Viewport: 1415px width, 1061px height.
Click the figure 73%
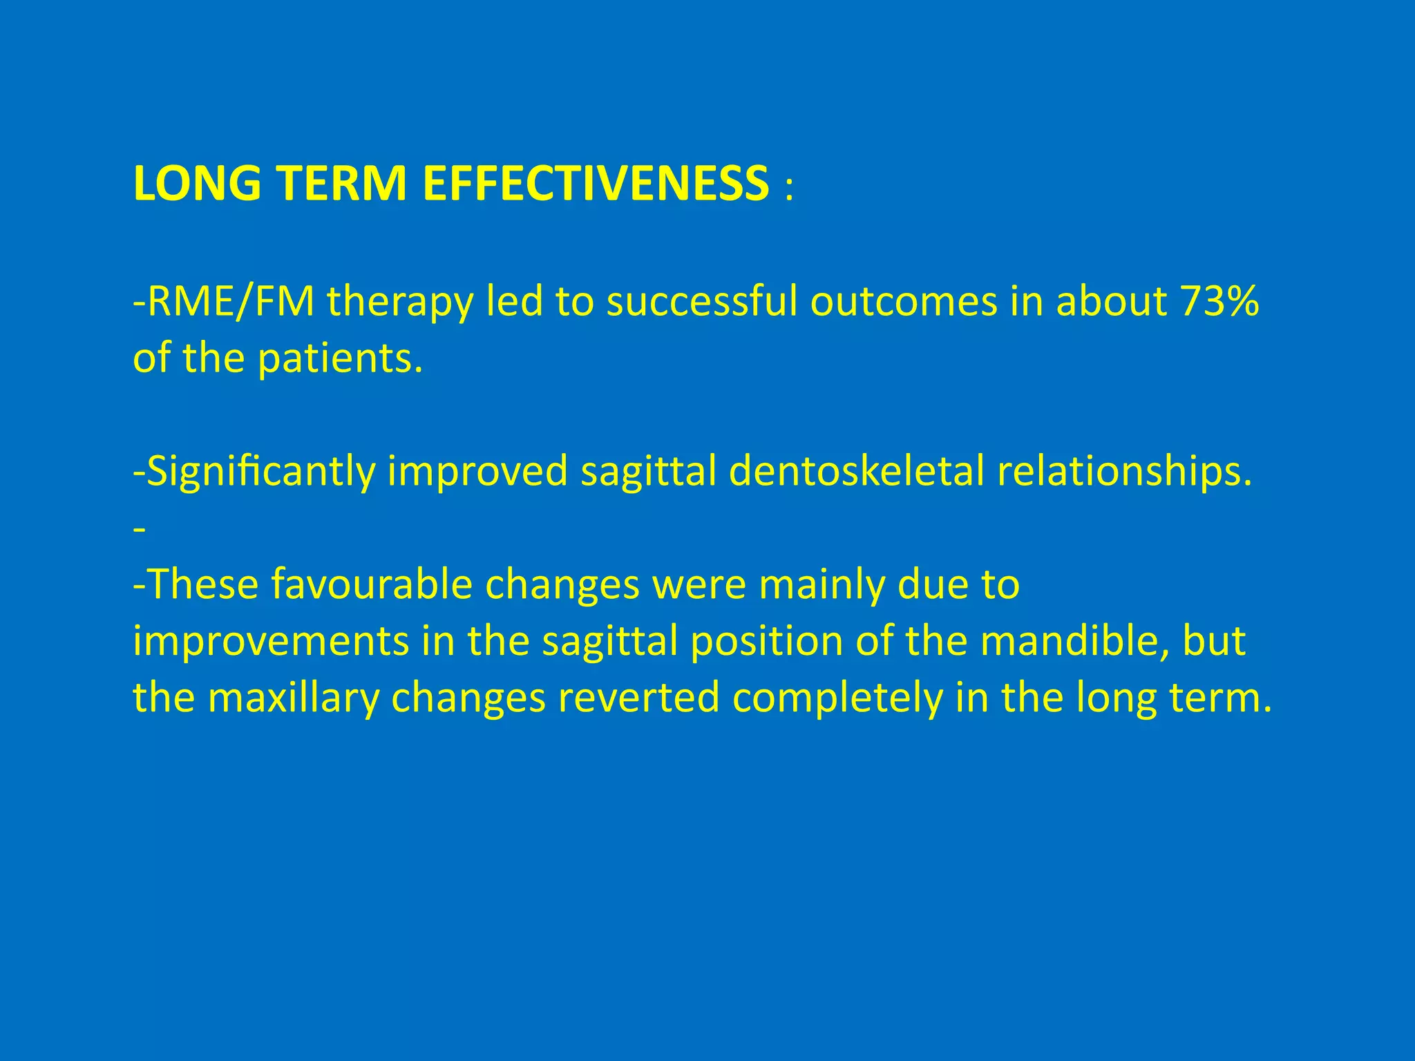pos(1219,302)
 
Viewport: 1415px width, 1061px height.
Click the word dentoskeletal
pos(856,472)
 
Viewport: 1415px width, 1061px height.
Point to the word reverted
pos(638,698)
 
